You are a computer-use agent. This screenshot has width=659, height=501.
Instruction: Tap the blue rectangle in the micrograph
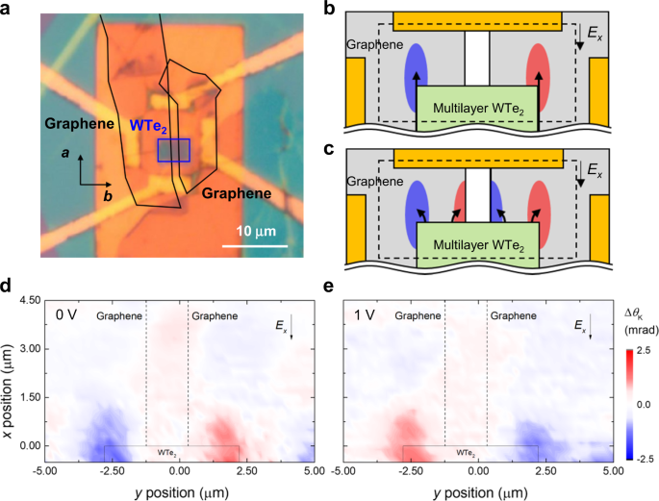pos(173,151)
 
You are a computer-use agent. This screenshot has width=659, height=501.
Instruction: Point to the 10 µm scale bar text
pos(255,232)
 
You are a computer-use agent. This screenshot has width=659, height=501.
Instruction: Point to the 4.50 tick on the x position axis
pos(29,302)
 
